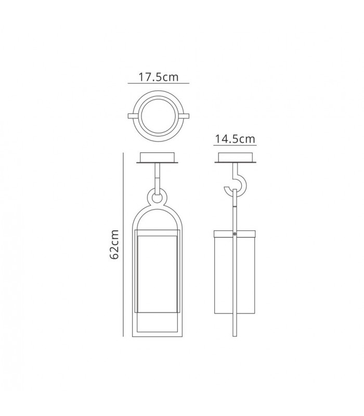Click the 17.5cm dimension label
159,77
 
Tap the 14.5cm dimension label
235,139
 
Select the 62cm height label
114,244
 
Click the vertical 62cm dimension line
123,244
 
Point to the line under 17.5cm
159,83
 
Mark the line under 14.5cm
235,145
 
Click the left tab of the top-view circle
133,116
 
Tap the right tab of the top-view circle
184,116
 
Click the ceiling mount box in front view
158,158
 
